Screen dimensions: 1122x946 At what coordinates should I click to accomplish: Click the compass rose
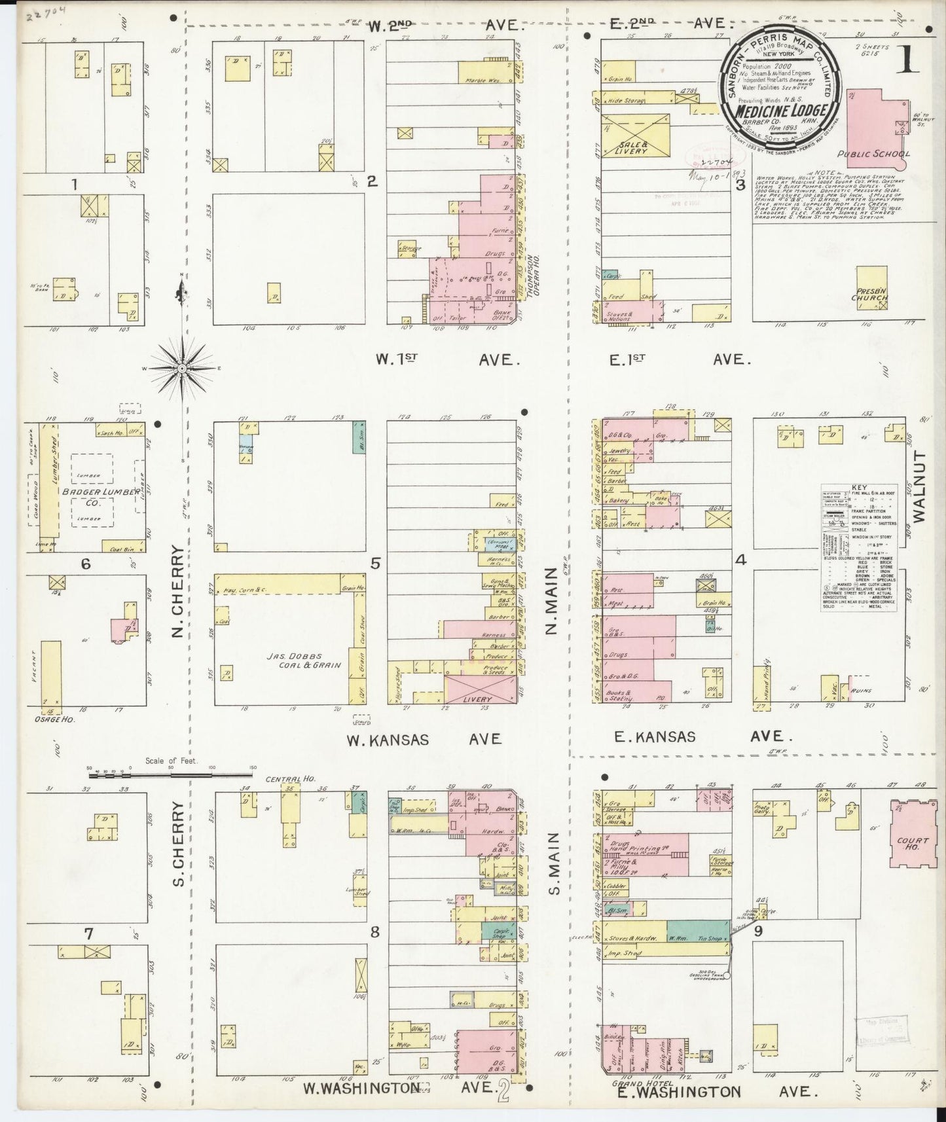click(181, 369)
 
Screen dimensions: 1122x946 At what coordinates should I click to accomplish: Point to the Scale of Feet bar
click(171, 774)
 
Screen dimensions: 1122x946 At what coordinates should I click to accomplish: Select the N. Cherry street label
click(177, 599)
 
